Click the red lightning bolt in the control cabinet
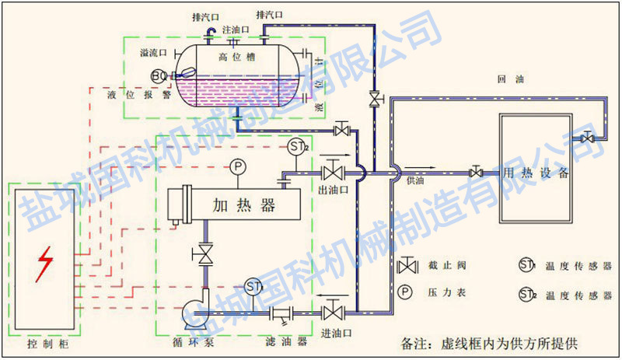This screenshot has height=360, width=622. pos(45,264)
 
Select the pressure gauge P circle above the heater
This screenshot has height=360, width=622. pos(236,166)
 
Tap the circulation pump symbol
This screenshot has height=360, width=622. pos(197,315)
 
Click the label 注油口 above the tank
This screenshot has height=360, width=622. pos(235,30)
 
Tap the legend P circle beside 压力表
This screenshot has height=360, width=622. pos(405,293)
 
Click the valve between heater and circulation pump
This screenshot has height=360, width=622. pos(205,254)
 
